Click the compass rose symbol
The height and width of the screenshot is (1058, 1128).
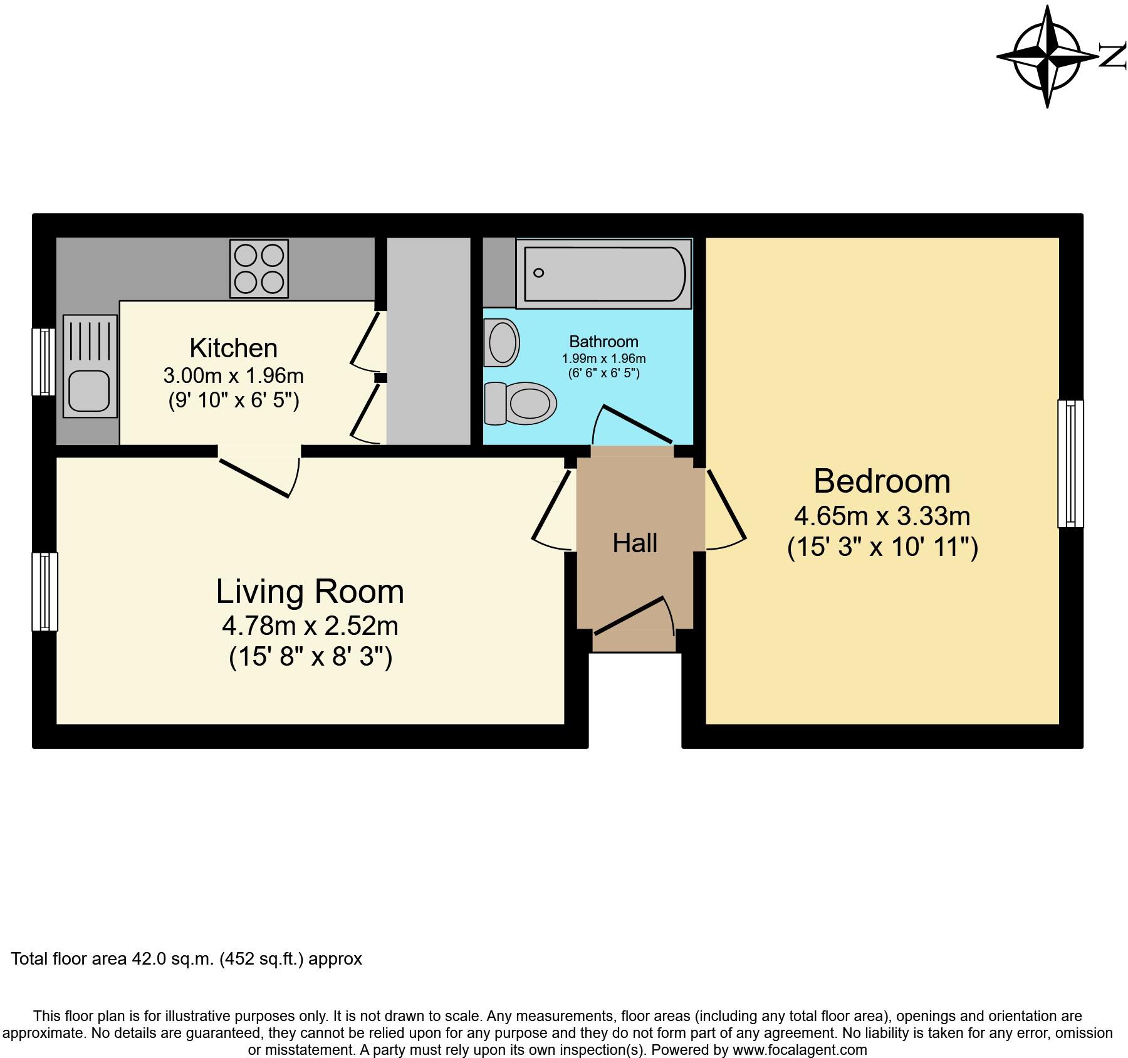pyautogui.click(x=1047, y=57)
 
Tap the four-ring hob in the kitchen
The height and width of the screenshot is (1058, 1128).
pyautogui.click(x=259, y=268)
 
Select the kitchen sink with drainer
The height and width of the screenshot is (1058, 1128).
pyautogui.click(x=90, y=366)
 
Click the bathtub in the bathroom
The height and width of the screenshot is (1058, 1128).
pyautogui.click(x=604, y=274)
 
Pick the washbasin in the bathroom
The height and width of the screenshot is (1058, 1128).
pyautogui.click(x=502, y=342)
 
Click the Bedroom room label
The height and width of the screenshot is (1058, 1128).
pyautogui.click(x=882, y=481)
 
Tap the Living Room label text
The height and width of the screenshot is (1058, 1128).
pyautogui.click(x=310, y=592)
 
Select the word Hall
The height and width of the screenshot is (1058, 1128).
pyautogui.click(x=635, y=543)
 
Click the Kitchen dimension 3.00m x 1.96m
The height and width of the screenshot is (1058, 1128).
pyautogui.click(x=233, y=376)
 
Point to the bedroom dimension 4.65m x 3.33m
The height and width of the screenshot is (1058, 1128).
pyautogui.click(x=882, y=516)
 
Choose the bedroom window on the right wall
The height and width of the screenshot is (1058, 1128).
pyautogui.click(x=1070, y=463)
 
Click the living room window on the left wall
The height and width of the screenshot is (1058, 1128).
pyautogui.click(x=45, y=591)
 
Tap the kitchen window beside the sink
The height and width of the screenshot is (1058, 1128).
pyautogui.click(x=44, y=362)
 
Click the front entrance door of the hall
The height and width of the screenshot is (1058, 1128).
pyautogui.click(x=633, y=617)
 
